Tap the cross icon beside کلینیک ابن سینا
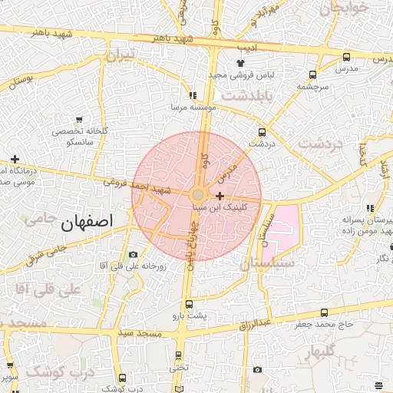point(220,196)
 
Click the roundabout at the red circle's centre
point(197,196)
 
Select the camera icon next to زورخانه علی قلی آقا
point(134,254)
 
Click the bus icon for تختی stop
point(179,355)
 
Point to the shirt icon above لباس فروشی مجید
point(240,63)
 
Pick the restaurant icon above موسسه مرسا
point(193,96)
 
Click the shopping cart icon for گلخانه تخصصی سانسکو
point(80,120)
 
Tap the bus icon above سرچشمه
point(312,74)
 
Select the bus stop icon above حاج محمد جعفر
point(324,312)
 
